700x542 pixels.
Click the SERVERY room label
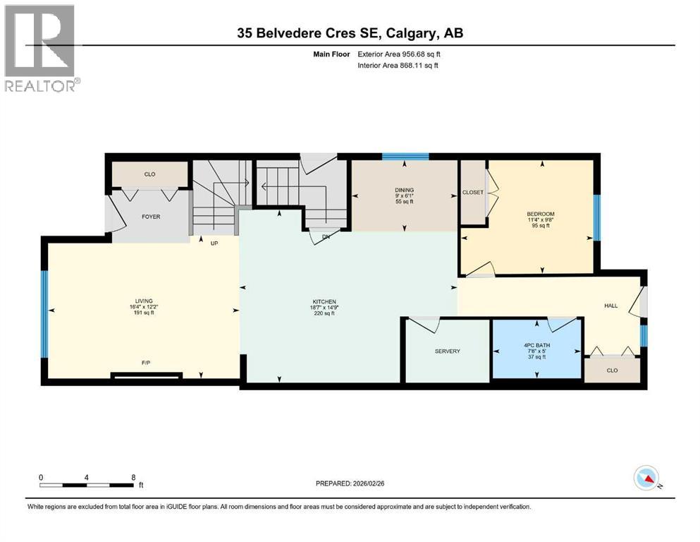[x=447, y=351]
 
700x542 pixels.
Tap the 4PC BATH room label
[x=537, y=345]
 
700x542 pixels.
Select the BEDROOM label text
[x=541, y=214]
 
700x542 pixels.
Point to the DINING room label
[x=404, y=190]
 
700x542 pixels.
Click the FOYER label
[x=151, y=217]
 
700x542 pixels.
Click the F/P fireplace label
[x=146, y=363]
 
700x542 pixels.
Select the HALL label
[x=610, y=306]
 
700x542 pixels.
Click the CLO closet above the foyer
[x=149, y=174]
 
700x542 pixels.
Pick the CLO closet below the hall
[x=612, y=370]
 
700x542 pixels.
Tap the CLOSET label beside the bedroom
[x=472, y=192]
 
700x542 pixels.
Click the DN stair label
[x=326, y=237]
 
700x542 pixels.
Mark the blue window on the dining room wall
[x=405, y=157]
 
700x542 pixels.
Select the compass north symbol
[x=646, y=479]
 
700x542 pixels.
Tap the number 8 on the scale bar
[x=133, y=477]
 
